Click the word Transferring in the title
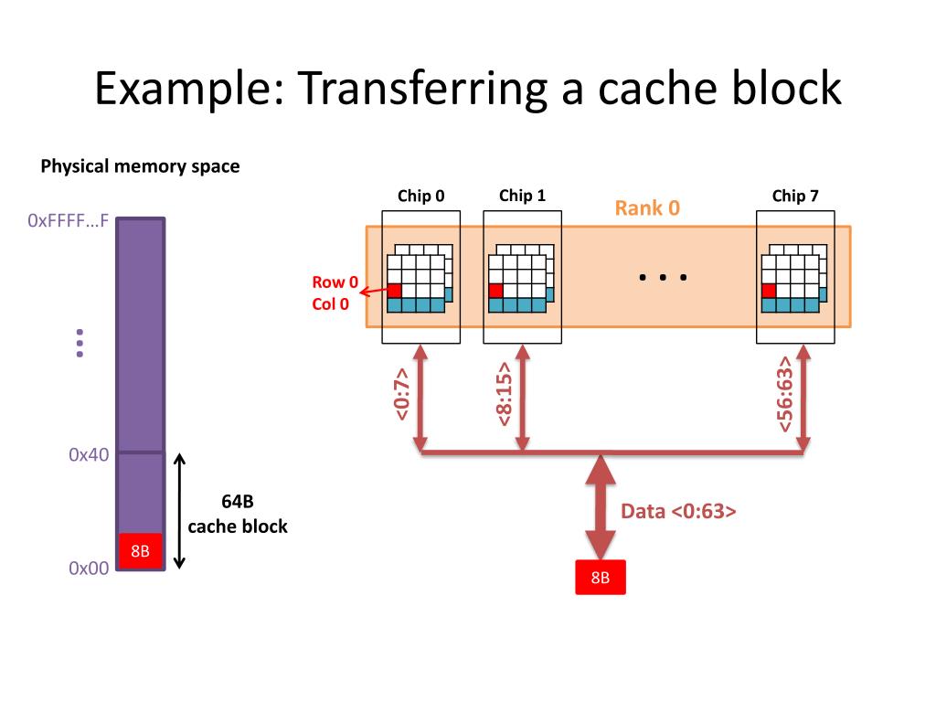(x=422, y=89)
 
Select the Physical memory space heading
(x=140, y=166)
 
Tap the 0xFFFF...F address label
(x=68, y=221)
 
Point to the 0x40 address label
(x=89, y=455)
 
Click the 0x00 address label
(x=89, y=568)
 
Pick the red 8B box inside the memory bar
(x=140, y=550)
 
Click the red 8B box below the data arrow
(x=601, y=578)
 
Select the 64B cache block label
(x=238, y=514)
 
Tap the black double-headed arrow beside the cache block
(x=180, y=511)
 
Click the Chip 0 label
(x=420, y=196)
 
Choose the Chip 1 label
(x=522, y=196)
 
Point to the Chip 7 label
(x=795, y=196)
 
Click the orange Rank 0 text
(x=647, y=207)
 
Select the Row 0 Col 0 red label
(x=335, y=292)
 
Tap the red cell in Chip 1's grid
(x=495, y=291)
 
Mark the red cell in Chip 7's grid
(x=769, y=291)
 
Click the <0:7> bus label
(x=402, y=394)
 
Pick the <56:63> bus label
(x=784, y=394)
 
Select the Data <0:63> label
(x=678, y=511)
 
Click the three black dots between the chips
(x=663, y=277)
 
